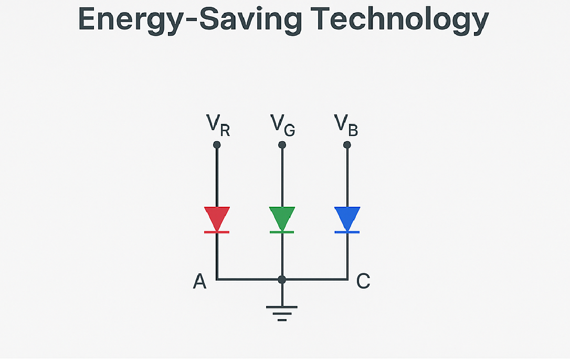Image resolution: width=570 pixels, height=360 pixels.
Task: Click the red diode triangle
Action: pos(217,217)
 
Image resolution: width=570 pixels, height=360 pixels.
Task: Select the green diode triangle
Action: pos(282,217)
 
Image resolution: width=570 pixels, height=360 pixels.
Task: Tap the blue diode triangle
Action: pos(347,217)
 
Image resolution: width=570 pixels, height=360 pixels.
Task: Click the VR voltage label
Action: pos(218,125)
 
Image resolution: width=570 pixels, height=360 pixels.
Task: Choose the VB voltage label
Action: pos(346,125)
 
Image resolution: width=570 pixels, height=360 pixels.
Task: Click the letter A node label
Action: pos(199,282)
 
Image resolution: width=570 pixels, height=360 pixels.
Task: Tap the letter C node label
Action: pos(363,282)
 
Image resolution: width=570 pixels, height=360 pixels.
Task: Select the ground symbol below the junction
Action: pos(282,313)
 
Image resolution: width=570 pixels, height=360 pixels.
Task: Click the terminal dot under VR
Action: pos(217,145)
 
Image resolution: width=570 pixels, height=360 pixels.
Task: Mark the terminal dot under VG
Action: pos(282,145)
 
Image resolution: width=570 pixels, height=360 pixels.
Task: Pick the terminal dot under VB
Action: pos(347,145)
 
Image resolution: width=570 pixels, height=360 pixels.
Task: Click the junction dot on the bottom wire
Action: pos(282,279)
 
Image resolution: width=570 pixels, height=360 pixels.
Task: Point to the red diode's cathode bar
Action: pos(217,232)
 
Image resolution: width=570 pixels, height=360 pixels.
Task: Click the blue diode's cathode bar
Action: pos(347,232)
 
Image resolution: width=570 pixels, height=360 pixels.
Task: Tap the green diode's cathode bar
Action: pos(282,232)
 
